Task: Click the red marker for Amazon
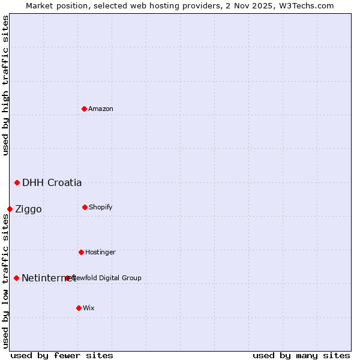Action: pyautogui.click(x=84, y=109)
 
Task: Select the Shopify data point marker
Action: pyautogui.click(x=85, y=207)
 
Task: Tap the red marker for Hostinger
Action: pyautogui.click(x=81, y=252)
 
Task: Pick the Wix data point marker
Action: pyautogui.click(x=79, y=308)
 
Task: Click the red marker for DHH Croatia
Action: pyautogui.click(x=17, y=182)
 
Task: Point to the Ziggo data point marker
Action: pyautogui.click(x=10, y=209)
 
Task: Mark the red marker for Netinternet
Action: pyautogui.click(x=16, y=278)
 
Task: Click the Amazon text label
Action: pyautogui.click(x=101, y=109)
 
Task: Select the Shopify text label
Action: pyautogui.click(x=101, y=207)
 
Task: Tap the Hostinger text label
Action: pyautogui.click(x=100, y=252)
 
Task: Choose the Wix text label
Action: pyautogui.click(x=89, y=308)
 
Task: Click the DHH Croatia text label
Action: pyautogui.click(x=52, y=182)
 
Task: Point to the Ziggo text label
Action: pyautogui.click(x=28, y=209)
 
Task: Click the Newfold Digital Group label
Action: pyautogui.click(x=108, y=278)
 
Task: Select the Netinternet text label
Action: pyautogui.click(x=45, y=278)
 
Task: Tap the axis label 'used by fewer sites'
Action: pyautogui.click(x=61, y=355)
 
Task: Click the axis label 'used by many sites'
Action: pyautogui.click(x=301, y=355)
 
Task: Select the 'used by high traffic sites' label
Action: pyautogui.click(x=5, y=85)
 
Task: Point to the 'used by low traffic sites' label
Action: pyautogui.click(x=5, y=281)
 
